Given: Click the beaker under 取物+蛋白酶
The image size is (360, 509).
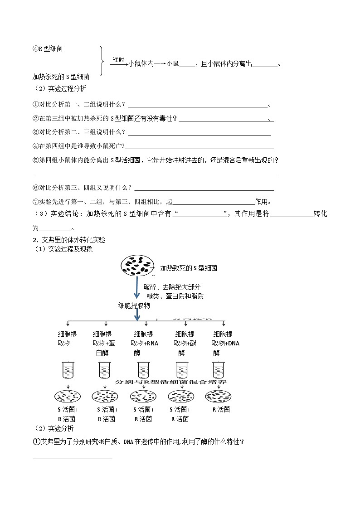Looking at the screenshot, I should pyautogui.click(x=105, y=370).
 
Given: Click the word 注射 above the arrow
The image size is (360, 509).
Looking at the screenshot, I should pyautogui.click(x=118, y=59).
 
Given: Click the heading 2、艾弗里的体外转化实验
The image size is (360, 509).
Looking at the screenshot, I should pyautogui.click(x=69, y=240).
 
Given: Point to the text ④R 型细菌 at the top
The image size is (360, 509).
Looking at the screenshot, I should pyautogui.click(x=48, y=49).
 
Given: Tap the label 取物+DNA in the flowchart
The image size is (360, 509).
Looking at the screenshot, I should pyautogui.click(x=225, y=343).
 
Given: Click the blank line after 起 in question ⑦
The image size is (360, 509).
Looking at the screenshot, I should pyautogui.click(x=214, y=202).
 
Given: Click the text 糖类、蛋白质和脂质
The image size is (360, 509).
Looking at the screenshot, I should pyautogui.click(x=175, y=296).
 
